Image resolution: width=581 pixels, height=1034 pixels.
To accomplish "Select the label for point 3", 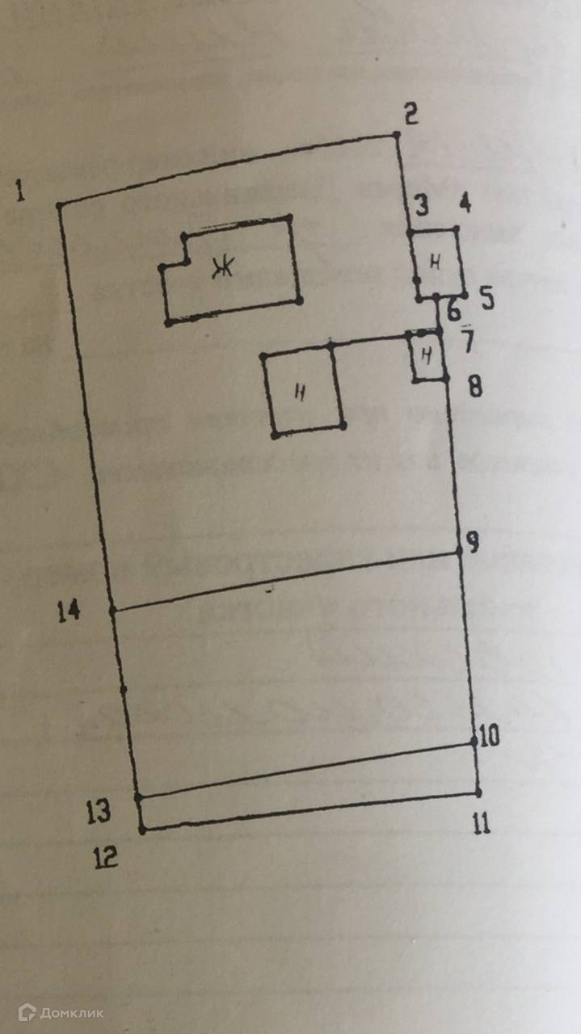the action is (x=420, y=205).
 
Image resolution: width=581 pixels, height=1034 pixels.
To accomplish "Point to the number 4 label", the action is (x=465, y=204).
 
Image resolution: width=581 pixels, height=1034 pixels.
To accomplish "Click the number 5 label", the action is (x=486, y=298).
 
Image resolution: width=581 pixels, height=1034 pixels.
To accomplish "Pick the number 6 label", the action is (x=453, y=309).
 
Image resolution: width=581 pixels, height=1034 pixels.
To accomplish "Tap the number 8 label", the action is (x=475, y=386).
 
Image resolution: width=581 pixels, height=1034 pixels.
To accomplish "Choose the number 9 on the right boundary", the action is (x=473, y=542).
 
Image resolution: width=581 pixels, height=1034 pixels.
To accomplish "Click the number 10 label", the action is (x=490, y=736).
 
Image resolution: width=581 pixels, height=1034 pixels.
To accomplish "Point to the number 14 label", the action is (x=69, y=612).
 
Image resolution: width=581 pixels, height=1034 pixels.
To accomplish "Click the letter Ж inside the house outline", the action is (x=218, y=268).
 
